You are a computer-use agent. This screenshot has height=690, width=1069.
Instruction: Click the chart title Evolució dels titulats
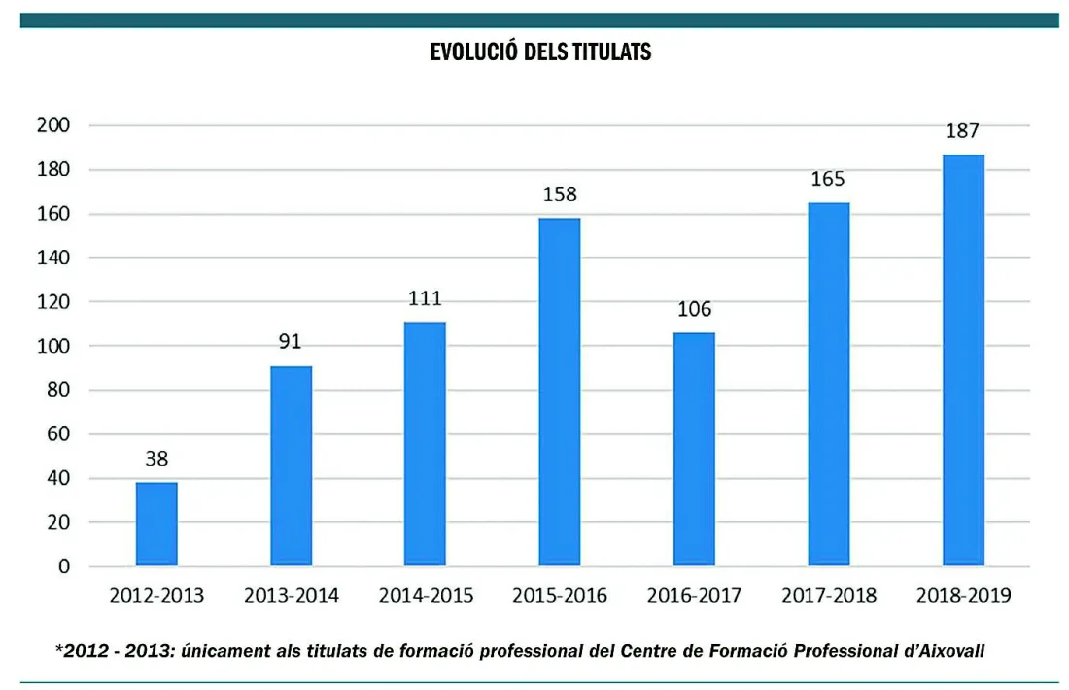click(540, 52)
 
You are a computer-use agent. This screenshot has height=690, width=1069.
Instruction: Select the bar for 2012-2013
click(156, 524)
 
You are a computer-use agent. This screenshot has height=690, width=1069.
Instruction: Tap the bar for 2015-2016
click(560, 392)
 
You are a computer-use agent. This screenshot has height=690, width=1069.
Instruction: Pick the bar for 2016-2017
click(694, 449)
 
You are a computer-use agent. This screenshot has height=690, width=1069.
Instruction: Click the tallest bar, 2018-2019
click(963, 360)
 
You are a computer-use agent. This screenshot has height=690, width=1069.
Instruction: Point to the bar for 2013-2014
click(291, 466)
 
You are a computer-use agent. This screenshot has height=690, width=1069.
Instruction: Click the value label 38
click(156, 459)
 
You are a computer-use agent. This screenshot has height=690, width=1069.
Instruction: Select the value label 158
click(560, 193)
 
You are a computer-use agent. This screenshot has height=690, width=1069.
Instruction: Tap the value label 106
click(694, 309)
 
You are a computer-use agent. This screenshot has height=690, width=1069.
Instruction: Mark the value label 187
click(963, 130)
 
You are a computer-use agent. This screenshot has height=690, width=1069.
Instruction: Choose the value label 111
click(425, 297)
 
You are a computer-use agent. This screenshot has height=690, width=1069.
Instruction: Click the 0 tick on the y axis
click(64, 567)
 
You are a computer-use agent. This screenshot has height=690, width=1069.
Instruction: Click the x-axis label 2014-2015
click(426, 595)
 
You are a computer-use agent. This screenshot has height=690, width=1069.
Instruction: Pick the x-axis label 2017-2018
click(828, 595)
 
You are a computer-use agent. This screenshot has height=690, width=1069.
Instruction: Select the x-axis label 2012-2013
click(156, 595)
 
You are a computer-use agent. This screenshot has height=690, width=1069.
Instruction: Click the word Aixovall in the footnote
click(946, 650)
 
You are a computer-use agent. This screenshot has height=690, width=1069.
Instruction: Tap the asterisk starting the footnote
click(59, 647)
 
